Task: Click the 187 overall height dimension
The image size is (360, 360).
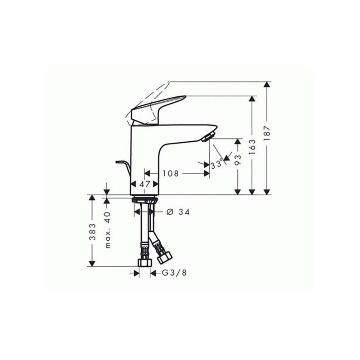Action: point(267,133)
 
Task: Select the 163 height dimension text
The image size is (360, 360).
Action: point(252,147)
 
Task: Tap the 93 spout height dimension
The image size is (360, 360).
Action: point(238,160)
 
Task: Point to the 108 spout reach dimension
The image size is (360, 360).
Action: point(171,173)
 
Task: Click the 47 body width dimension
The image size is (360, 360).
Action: point(144,184)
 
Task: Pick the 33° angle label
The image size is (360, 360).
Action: point(217,164)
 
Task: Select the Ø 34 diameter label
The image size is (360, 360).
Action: point(178,212)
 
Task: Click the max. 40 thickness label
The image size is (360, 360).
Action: point(108,230)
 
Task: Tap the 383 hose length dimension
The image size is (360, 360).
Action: point(92,232)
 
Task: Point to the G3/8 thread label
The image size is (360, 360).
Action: point(174,273)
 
